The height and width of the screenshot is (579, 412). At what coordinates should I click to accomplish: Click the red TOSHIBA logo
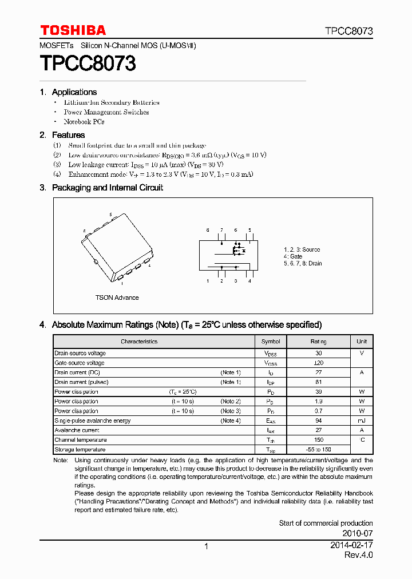coord(73,30)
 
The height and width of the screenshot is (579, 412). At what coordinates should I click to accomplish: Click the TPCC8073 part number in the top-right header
coord(348,31)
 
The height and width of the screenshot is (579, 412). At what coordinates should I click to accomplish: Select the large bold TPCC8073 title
coord(88,64)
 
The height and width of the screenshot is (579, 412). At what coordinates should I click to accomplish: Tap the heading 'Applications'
coord(74,92)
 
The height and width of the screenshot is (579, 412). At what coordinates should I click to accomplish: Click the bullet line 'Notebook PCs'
coord(84,122)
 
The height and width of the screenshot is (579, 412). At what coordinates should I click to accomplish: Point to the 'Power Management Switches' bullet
coord(106,112)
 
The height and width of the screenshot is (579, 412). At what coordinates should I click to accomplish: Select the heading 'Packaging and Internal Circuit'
coord(107,188)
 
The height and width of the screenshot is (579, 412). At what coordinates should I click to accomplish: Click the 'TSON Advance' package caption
coord(117,298)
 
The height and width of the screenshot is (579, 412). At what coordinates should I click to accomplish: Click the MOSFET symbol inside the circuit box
coord(237,250)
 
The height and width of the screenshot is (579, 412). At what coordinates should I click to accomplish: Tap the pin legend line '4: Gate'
coord(292,256)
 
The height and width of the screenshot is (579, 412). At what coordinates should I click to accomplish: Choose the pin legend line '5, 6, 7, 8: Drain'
coord(303,263)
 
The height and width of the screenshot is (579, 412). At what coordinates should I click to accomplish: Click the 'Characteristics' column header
coord(139,342)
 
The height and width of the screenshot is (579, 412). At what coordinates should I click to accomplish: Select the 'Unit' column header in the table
coord(362,342)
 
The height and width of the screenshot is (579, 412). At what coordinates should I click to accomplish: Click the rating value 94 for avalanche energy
coord(318,421)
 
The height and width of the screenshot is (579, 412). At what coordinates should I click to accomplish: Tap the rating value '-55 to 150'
coord(318,450)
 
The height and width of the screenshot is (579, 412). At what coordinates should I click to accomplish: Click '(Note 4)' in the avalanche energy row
coord(231,421)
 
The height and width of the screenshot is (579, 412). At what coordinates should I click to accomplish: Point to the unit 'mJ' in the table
coord(362,421)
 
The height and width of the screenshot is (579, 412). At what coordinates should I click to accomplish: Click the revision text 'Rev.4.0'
coord(358,556)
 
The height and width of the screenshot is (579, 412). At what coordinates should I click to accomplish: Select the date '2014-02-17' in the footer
coord(351,546)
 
